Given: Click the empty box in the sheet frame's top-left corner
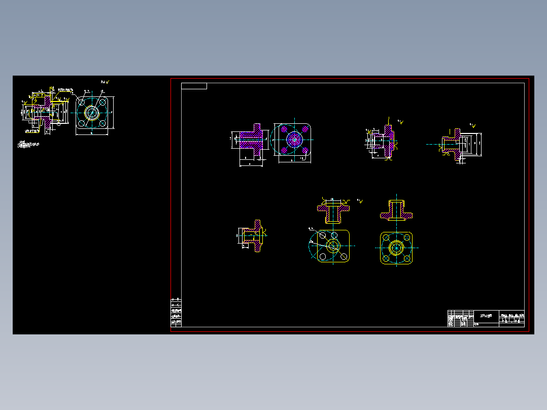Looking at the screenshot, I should (x=194, y=86).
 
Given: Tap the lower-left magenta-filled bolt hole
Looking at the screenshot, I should (x=283, y=150).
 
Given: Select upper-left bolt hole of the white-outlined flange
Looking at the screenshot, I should (x=81, y=102).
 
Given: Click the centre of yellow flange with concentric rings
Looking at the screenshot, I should (x=396, y=248).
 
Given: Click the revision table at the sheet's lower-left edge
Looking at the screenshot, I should (x=176, y=312).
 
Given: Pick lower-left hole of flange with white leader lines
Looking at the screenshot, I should (x=323, y=257).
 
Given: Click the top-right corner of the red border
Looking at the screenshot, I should (x=529, y=79).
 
